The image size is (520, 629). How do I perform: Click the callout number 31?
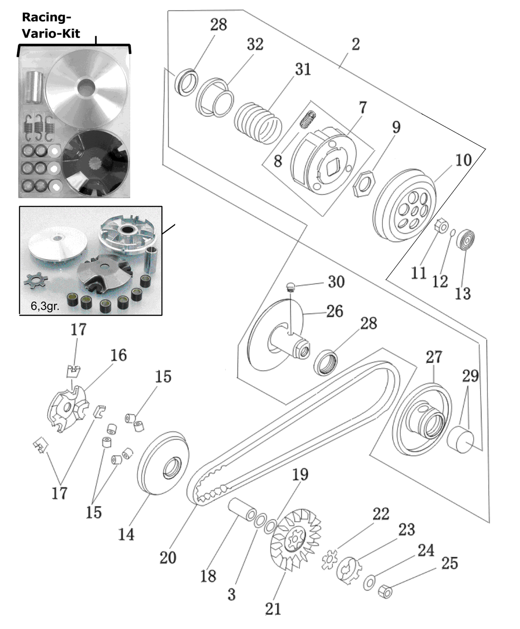click(x=303, y=69)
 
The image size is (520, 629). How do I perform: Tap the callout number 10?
click(x=463, y=160)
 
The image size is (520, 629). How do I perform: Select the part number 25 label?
click(x=449, y=563)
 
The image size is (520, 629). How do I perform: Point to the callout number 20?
click(x=168, y=557)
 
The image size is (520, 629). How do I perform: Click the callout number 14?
click(x=126, y=534)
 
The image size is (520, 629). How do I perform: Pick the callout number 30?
click(x=336, y=281)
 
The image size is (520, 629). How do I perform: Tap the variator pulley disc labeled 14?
click(x=164, y=463)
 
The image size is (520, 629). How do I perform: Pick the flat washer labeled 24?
click(x=369, y=583)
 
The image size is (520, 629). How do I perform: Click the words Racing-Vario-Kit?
click(x=51, y=25)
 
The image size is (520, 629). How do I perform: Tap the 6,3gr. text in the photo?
click(x=45, y=306)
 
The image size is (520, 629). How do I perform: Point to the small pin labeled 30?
click(x=290, y=287)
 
